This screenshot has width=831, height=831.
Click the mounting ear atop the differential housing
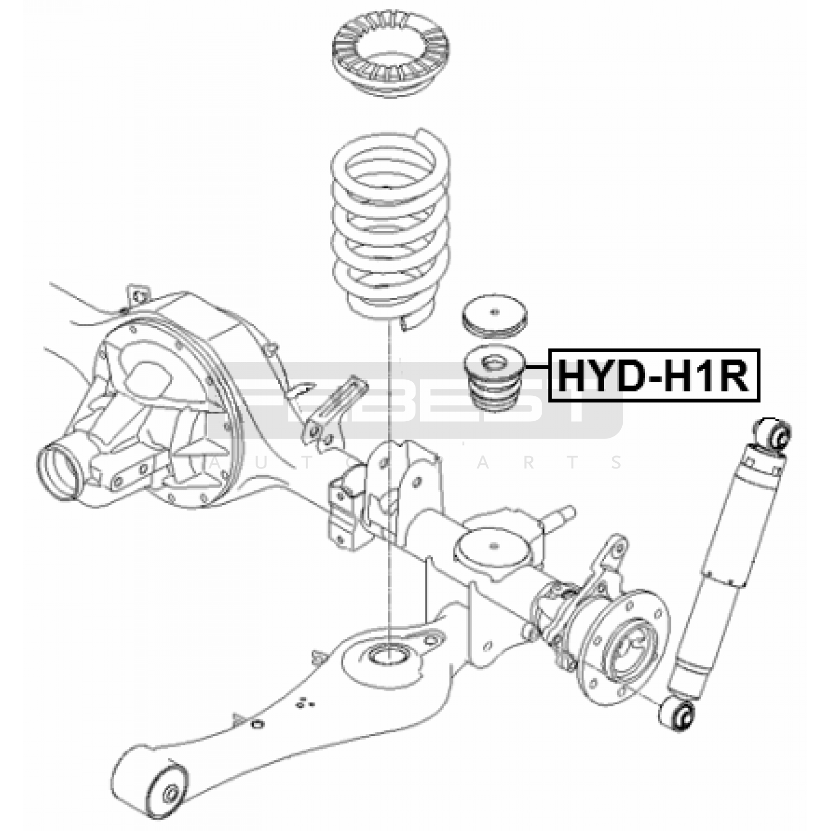click(x=136, y=294)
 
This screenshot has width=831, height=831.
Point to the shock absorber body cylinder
click(x=727, y=561)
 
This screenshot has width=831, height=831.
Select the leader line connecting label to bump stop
click(x=539, y=367)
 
